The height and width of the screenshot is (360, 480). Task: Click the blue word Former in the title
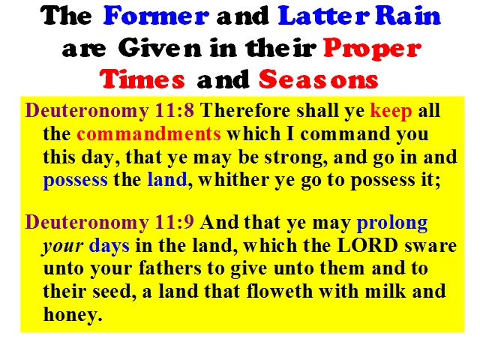tap(157, 15)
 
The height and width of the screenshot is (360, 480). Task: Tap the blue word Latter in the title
tap(324, 15)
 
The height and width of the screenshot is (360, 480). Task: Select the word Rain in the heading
tap(408, 15)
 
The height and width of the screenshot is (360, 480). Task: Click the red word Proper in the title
tap(373, 49)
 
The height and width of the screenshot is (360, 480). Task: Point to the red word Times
tap(142, 79)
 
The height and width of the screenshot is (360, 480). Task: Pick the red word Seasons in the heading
tap(318, 79)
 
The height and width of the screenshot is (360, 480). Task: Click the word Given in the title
tap(160, 47)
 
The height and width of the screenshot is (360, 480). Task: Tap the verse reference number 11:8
tap(175, 110)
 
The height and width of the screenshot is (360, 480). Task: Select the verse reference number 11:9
tap(175, 222)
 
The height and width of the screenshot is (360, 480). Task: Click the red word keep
tap(391, 111)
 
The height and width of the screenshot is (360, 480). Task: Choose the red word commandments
tap(148, 133)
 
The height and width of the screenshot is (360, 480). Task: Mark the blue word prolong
tap(391, 223)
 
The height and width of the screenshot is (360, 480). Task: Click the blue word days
tap(109, 246)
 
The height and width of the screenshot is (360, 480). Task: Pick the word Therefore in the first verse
tap(245, 110)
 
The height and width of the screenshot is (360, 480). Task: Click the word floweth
tap(280, 291)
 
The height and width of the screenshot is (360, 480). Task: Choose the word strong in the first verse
tap(293, 158)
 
